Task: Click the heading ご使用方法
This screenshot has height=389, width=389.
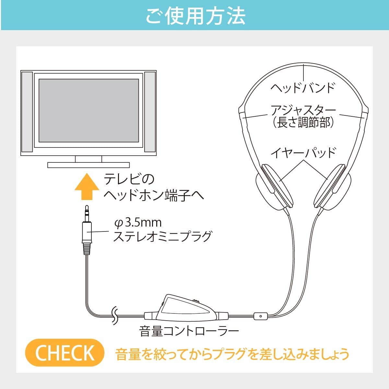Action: click(195, 16)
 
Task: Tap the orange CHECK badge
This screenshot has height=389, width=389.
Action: click(65, 353)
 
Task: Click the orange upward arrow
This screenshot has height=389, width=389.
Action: click(87, 186)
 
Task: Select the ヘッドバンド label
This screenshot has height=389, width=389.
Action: click(303, 88)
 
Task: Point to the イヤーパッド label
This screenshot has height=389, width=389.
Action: click(303, 153)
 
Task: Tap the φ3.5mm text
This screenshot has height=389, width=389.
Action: click(138, 223)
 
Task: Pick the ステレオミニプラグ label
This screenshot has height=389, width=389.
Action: click(162, 236)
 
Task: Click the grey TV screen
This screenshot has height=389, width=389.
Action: click(89, 111)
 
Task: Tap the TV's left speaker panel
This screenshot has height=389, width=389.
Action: click(27, 112)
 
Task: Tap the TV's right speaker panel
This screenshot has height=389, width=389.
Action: click(150, 112)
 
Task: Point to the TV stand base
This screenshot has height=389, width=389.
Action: click(88, 165)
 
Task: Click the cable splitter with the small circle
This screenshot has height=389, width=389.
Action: click(261, 316)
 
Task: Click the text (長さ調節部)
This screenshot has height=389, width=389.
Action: click(303, 122)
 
